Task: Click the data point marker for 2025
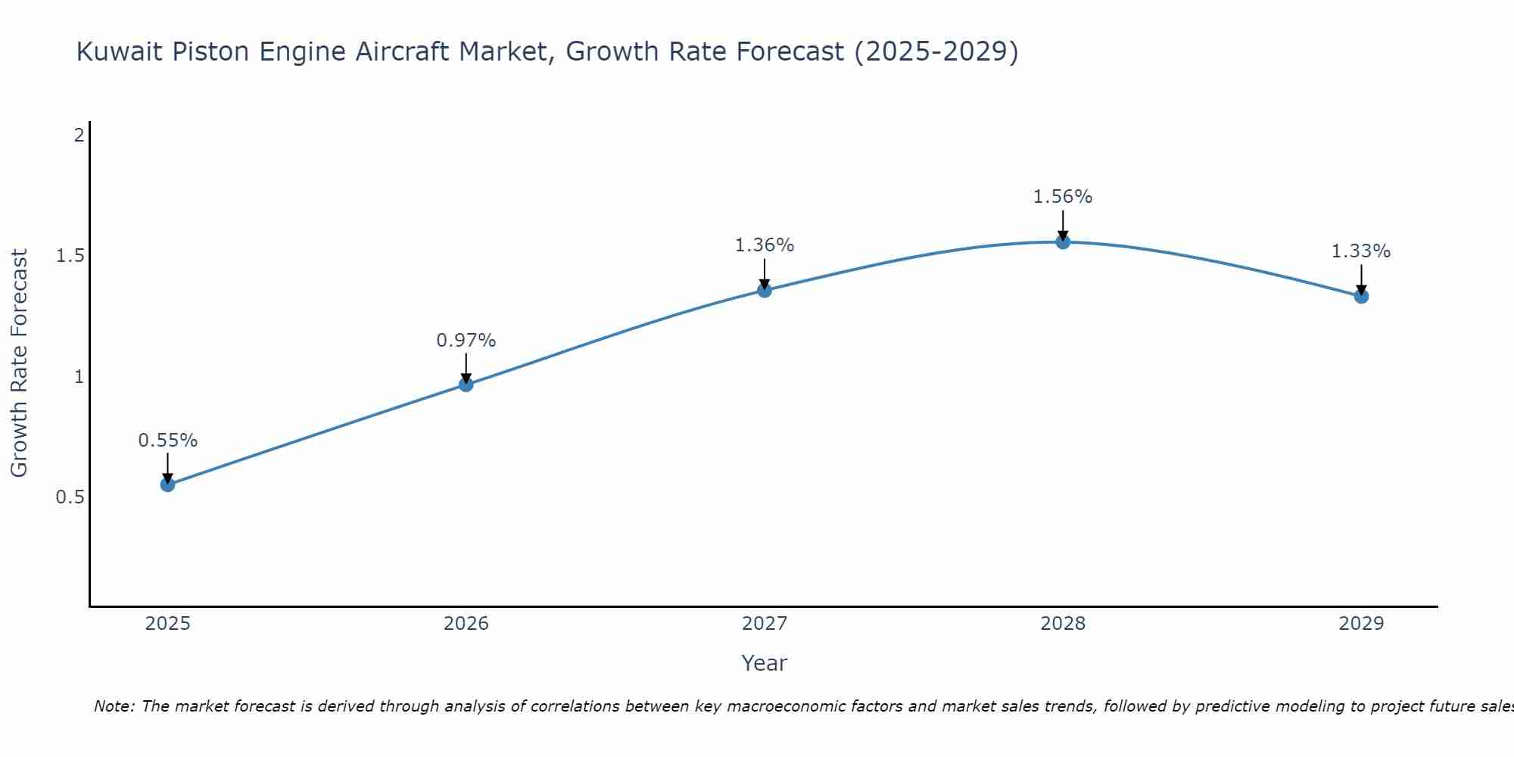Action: [x=168, y=484]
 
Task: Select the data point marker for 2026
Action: [x=466, y=385]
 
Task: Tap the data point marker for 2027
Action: [x=765, y=290]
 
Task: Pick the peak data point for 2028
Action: [x=1063, y=242]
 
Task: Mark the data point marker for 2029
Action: [x=1361, y=296]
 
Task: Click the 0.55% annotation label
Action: [x=168, y=441]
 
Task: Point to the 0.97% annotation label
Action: [x=466, y=341]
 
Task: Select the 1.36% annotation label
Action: [x=765, y=245]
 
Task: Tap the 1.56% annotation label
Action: [x=1063, y=197]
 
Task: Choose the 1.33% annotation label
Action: [x=1361, y=251]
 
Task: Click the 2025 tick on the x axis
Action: [x=168, y=624]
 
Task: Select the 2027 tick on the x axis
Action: [x=765, y=624]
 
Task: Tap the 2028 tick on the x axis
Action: [x=1063, y=624]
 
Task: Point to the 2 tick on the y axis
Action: [x=79, y=136]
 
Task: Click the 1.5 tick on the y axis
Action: [x=70, y=256]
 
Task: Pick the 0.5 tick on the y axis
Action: [x=70, y=497]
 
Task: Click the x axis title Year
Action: [x=765, y=663]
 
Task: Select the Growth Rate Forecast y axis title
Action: [x=19, y=363]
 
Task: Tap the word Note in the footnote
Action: [x=113, y=706]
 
